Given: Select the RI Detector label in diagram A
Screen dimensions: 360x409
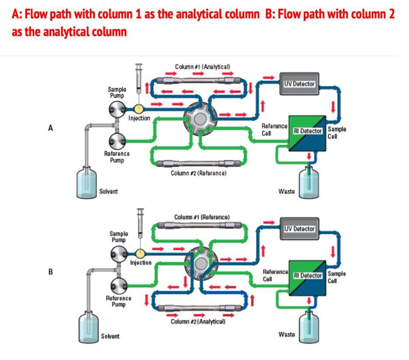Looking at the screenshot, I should point(308,130).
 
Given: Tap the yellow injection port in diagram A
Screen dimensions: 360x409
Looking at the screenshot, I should point(139,108).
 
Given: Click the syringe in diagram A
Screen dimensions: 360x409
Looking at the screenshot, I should point(139,81).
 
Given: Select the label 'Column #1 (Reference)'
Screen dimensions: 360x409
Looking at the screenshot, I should point(201,217).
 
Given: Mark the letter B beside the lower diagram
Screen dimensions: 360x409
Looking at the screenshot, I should point(51,272).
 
